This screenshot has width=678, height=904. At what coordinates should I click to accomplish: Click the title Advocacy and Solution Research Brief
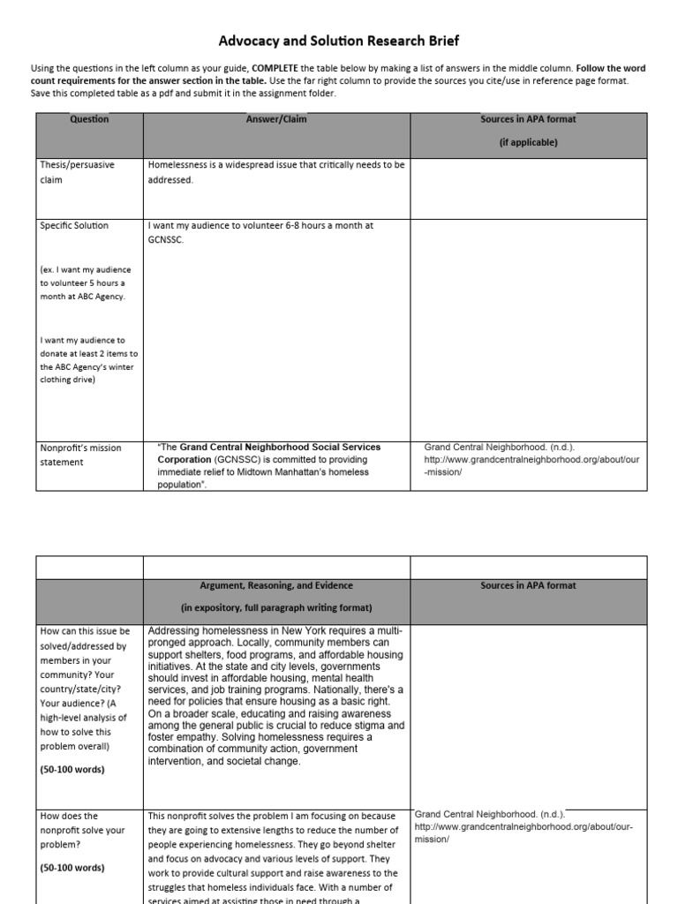click(x=339, y=41)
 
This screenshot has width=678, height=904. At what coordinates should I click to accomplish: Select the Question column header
click(x=89, y=119)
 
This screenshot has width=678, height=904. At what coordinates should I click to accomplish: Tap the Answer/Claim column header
click(x=276, y=119)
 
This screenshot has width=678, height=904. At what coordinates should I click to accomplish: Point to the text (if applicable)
click(x=528, y=141)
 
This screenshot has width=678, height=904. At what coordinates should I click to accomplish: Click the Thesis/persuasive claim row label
click(x=77, y=171)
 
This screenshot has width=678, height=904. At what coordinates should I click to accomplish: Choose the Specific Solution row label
click(x=74, y=226)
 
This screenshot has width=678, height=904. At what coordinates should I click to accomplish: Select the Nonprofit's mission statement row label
click(x=80, y=455)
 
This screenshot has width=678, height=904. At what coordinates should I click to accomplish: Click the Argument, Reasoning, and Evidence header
click(x=276, y=585)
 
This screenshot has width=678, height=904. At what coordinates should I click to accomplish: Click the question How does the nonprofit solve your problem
click(x=82, y=830)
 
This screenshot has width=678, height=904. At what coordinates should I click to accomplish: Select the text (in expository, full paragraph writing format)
click(x=276, y=607)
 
